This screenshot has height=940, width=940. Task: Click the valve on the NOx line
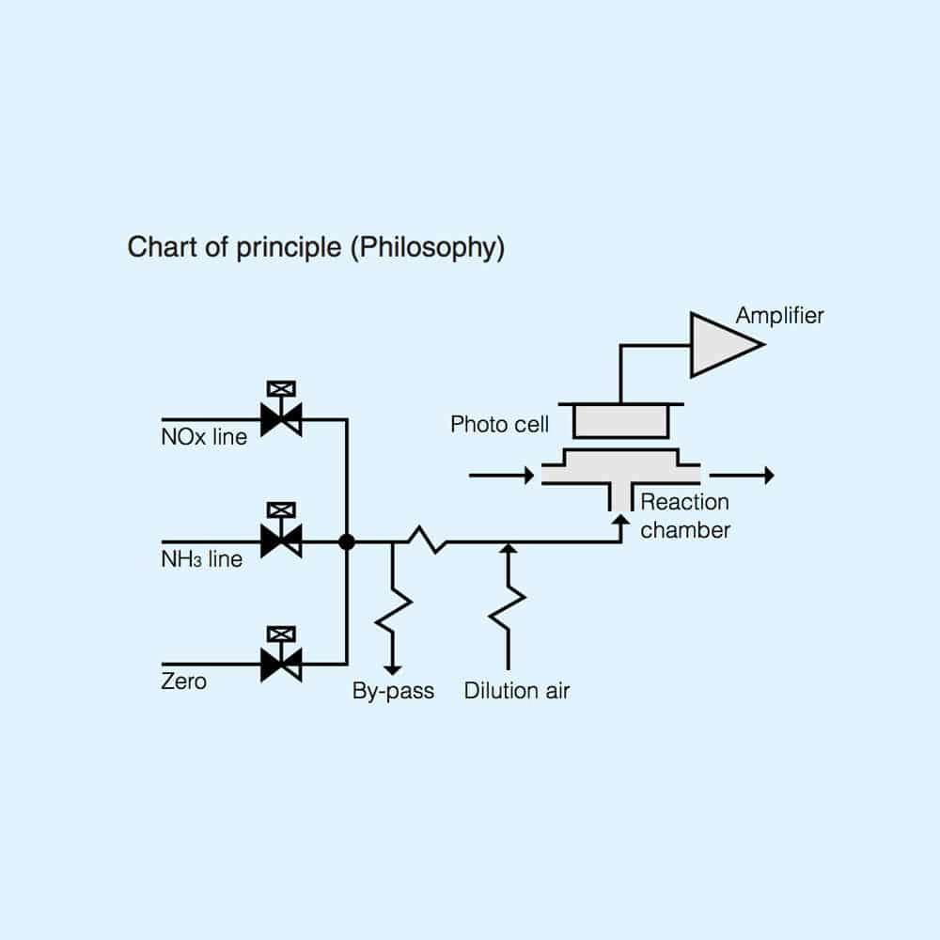281,419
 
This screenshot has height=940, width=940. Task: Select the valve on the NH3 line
281,541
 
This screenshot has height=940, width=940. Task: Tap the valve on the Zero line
281,664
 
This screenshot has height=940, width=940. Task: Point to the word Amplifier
779,315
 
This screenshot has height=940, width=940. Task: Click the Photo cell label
499,424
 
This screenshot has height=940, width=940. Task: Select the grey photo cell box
620,421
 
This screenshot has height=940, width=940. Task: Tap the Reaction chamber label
685,516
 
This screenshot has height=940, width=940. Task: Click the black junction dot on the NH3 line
347,541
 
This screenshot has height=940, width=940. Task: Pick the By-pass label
393,691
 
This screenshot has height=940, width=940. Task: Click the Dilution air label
517,691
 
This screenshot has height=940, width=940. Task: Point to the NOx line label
204,437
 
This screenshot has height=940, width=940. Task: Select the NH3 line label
201,559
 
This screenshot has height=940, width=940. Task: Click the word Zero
183,681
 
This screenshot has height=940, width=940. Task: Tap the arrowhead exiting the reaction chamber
768,476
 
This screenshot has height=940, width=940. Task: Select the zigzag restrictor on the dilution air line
508,606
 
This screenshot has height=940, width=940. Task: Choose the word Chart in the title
157,248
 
